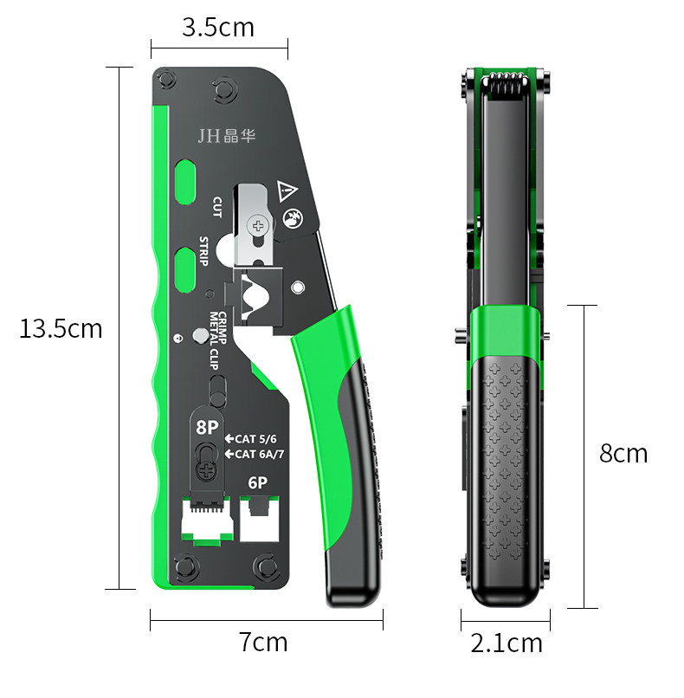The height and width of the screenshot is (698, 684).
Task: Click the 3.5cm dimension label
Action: pos(218,27)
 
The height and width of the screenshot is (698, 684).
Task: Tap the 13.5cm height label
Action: pos(61,328)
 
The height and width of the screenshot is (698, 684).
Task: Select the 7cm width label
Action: pos(263,642)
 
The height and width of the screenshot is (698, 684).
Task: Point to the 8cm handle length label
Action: pos(623,453)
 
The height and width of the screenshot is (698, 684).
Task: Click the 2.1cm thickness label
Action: pos(507,643)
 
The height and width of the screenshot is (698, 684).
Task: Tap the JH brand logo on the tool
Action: pos(227,136)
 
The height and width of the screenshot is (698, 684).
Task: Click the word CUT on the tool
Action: pos(216,207)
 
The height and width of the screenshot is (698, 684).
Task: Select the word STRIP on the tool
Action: pos(203,251)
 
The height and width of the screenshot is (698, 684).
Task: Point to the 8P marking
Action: pos(208,427)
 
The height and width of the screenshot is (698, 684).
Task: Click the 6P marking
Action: pos(258,483)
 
